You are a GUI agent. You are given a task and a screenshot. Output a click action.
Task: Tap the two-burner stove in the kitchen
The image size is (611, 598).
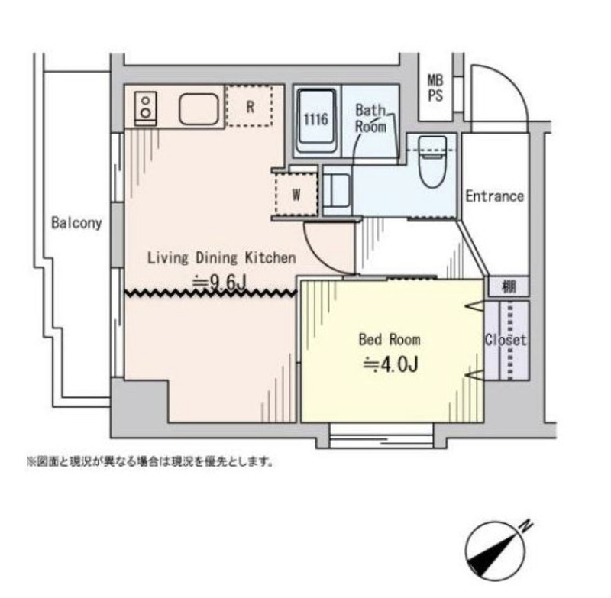tap(144, 107)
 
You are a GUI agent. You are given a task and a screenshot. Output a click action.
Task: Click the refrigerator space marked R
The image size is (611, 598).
tap(250, 107)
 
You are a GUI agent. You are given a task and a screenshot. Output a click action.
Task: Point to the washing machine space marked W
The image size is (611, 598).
tap(295, 194)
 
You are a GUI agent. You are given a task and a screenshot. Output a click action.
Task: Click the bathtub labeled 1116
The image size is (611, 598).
tap(317, 121)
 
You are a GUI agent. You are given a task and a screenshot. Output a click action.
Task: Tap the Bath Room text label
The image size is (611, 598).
tap(371, 118)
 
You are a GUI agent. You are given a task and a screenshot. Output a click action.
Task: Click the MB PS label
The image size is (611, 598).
tap(435, 87)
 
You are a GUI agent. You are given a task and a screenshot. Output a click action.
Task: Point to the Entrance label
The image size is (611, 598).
tap(495, 196)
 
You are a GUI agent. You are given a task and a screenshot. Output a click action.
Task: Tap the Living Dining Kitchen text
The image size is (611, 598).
tap(221, 257)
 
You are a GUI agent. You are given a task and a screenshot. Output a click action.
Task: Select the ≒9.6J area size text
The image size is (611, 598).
tap(219, 282)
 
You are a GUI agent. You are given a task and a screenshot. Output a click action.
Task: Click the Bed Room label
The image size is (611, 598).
tap(390, 338)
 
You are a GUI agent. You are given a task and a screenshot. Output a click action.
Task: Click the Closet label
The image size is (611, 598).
tap(506, 340)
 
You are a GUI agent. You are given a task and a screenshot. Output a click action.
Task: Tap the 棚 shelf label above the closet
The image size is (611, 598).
tap(508, 287)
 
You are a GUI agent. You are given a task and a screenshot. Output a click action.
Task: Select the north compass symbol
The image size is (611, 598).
tap(497, 548)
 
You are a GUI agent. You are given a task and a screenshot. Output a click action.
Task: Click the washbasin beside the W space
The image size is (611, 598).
tap(337, 193)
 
